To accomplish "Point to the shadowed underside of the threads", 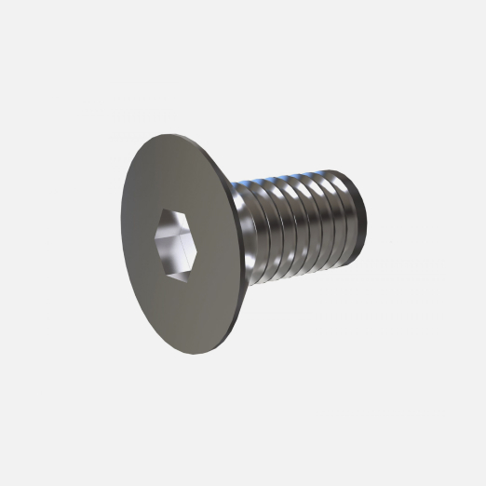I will coord(298,276).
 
